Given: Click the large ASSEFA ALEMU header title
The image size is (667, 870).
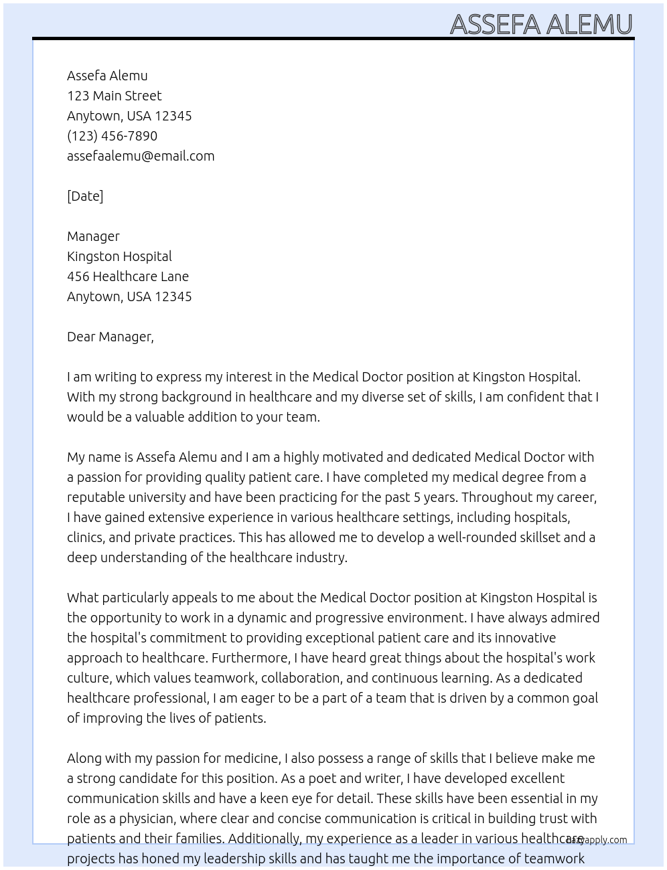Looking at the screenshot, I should coord(541,24).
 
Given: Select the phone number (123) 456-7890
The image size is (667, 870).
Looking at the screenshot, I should coord(112,136).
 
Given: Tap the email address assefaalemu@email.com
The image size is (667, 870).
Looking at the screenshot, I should coord(141,156).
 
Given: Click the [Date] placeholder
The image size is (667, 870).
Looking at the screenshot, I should coord(85,196).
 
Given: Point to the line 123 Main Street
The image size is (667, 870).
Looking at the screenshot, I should coord(114,96).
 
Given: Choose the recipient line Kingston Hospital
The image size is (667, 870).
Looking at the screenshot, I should coord(119,256).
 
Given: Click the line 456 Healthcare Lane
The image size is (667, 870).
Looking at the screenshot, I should coord(128,276).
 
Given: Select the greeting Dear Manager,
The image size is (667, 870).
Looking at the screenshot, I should coord(110,337).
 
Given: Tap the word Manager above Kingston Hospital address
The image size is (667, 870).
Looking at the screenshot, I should coord(93,236).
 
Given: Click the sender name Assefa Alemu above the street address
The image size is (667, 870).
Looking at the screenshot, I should coord(107,76).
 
